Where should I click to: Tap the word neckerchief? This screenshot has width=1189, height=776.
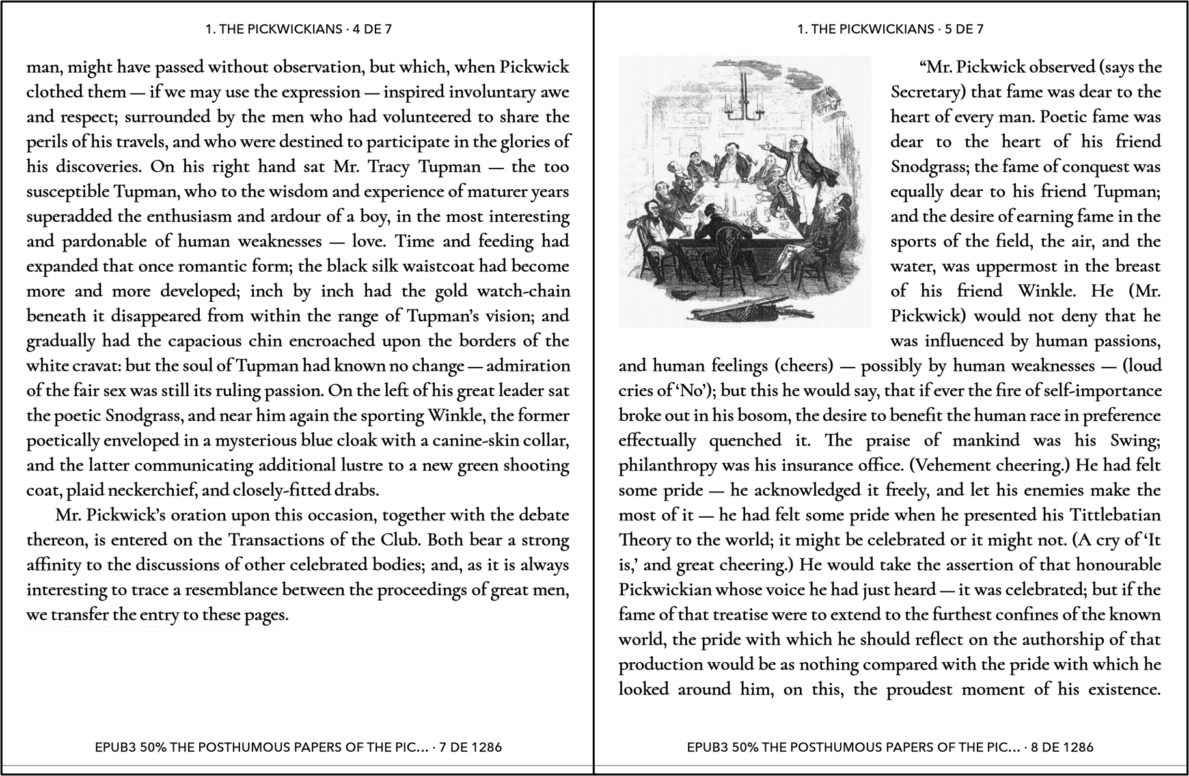[x=171, y=490]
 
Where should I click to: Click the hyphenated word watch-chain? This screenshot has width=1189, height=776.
[x=514, y=291]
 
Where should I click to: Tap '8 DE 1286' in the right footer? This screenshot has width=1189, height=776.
[x=1062, y=747]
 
